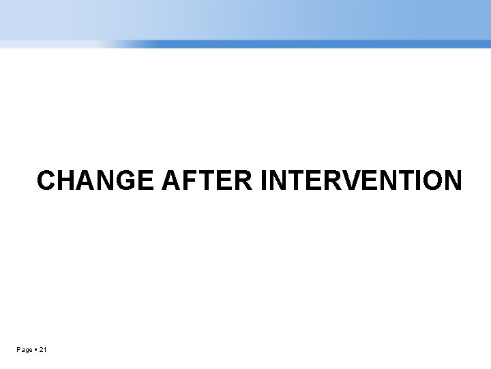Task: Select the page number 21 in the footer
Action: pos(44,351)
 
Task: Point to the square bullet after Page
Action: pos(36,351)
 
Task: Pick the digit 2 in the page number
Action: pos(42,351)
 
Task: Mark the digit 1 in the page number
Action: pos(46,351)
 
